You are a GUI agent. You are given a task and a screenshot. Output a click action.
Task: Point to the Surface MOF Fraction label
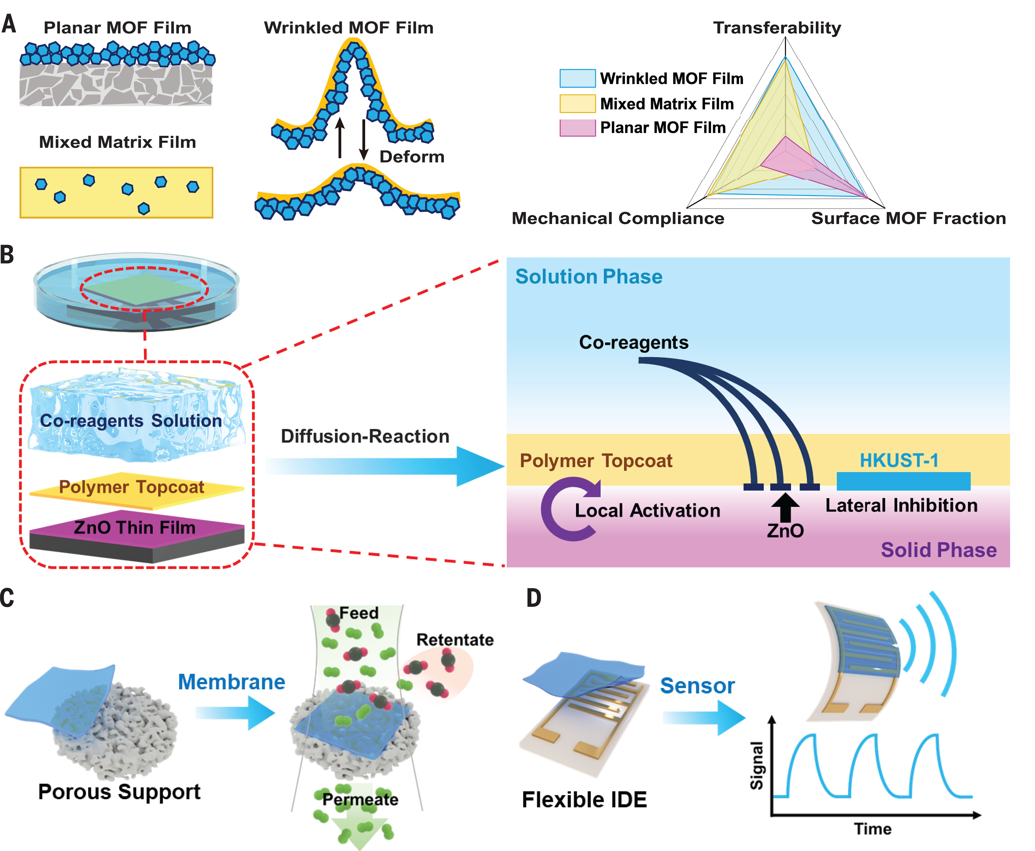(x=908, y=218)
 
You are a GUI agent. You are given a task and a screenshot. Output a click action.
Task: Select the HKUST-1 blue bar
(x=903, y=481)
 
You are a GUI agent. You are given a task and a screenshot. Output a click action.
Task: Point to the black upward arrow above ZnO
(x=785, y=507)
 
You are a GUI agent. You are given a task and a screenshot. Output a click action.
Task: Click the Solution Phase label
(x=588, y=277)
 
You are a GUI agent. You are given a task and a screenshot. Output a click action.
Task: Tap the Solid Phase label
(x=938, y=550)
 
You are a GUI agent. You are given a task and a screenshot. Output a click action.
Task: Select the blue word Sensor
(x=697, y=686)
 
